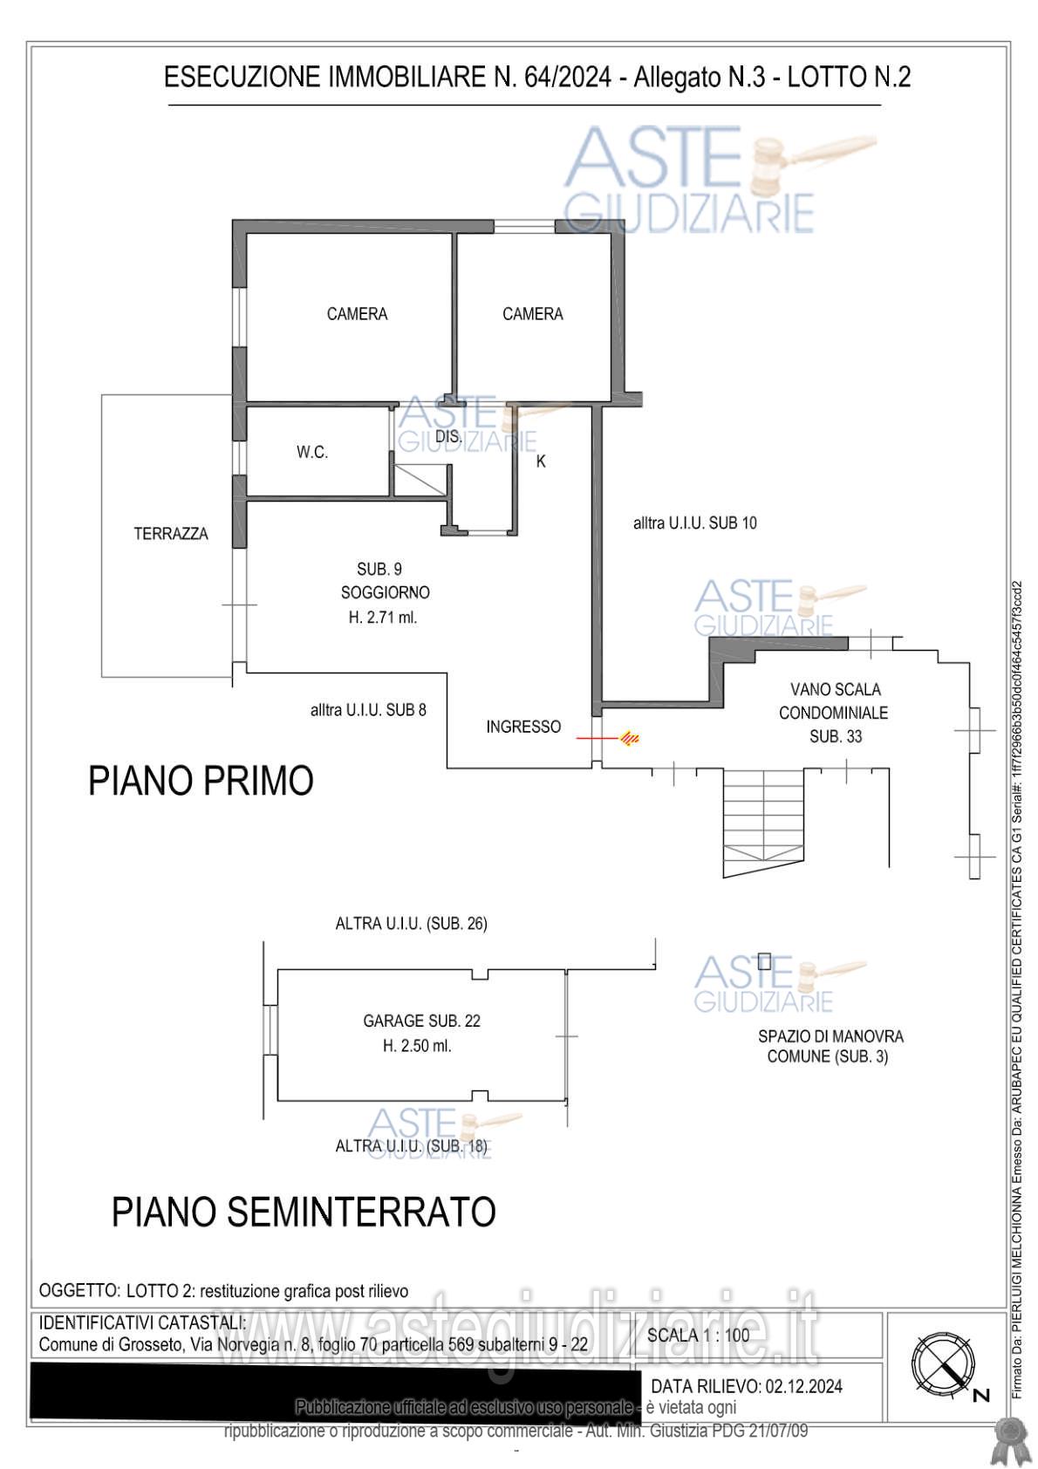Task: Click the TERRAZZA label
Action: (x=171, y=534)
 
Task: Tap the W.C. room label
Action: (x=311, y=453)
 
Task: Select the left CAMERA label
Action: (x=357, y=314)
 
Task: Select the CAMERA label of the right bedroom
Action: (x=532, y=314)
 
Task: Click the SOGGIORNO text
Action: (x=385, y=593)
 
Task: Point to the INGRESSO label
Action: (x=523, y=727)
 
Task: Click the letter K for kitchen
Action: (x=541, y=462)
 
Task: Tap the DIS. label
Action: (x=447, y=436)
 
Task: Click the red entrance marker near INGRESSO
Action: (x=630, y=739)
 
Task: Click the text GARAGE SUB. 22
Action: (x=421, y=1021)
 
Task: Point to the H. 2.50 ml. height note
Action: (x=417, y=1046)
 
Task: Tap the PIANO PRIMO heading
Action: (x=201, y=781)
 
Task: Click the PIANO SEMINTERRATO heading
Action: (x=304, y=1212)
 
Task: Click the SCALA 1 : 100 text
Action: (x=698, y=1336)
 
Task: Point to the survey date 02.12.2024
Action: (x=802, y=1386)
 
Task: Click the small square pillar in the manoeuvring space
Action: (x=764, y=961)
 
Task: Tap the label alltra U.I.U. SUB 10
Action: (x=694, y=523)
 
